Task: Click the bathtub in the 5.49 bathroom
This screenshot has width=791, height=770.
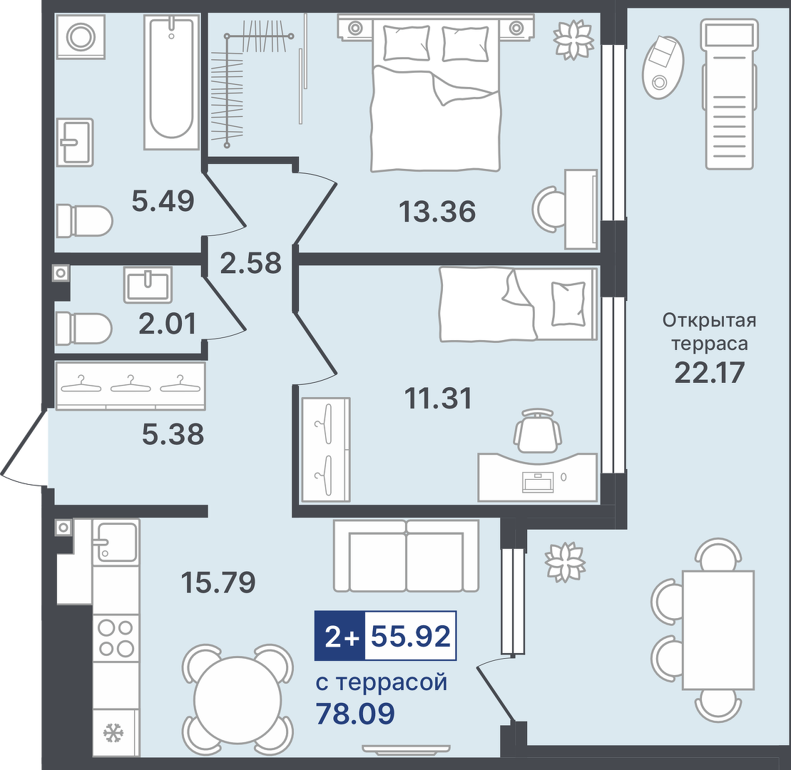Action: tap(171, 82)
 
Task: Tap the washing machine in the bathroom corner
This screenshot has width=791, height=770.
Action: tap(81, 37)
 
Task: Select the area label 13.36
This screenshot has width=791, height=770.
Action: tap(437, 211)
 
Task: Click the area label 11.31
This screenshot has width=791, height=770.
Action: tap(439, 398)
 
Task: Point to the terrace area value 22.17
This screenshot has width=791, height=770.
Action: tap(709, 373)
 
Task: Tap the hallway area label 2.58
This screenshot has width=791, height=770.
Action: tap(251, 262)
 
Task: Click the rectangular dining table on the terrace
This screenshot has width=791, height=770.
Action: tap(718, 630)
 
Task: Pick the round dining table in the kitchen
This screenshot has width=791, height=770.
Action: tap(238, 700)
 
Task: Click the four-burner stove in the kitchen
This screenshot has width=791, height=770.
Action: tap(116, 638)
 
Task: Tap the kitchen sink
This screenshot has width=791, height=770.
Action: tap(116, 542)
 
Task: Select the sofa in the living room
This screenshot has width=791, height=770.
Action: tap(406, 555)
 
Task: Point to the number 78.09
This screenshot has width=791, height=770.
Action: tap(355, 713)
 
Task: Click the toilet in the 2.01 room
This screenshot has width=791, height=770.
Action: tap(83, 328)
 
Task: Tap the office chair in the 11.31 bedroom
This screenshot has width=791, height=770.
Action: tap(538, 431)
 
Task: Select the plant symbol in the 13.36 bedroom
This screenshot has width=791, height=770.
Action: tap(573, 39)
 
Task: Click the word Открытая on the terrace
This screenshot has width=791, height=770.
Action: tap(709, 320)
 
